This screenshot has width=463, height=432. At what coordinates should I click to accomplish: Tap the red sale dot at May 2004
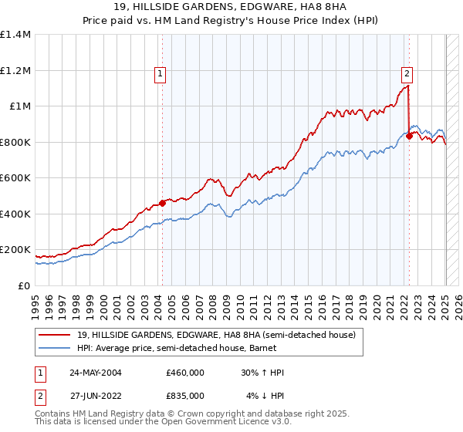pyautogui.click(x=163, y=204)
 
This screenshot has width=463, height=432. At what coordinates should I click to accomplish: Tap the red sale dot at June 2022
pyautogui.click(x=409, y=137)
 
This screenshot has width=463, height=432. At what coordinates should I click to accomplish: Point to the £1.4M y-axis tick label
pyautogui.click(x=15, y=35)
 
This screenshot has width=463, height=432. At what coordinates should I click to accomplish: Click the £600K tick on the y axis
pyautogui.click(x=15, y=178)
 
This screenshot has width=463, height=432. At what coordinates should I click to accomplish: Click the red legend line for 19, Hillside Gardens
pyautogui.click(x=56, y=335)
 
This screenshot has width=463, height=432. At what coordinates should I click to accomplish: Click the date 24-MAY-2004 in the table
pyautogui.click(x=96, y=373)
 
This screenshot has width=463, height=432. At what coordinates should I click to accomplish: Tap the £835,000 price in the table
pyautogui.click(x=185, y=396)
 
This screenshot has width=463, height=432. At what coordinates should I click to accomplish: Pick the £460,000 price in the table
pyautogui.click(x=185, y=373)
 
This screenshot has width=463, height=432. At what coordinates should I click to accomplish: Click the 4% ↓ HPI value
pyautogui.click(x=265, y=396)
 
